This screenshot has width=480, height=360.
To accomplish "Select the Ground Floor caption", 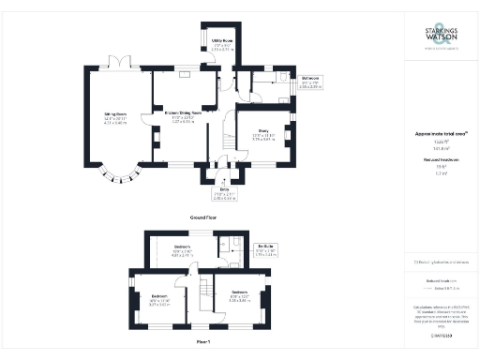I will click(x=203, y=217).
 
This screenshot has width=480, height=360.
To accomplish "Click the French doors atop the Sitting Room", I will click(x=119, y=64).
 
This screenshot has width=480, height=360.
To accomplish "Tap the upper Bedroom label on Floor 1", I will click(x=183, y=251).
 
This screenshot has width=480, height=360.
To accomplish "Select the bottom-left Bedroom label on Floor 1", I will click(x=159, y=302).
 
